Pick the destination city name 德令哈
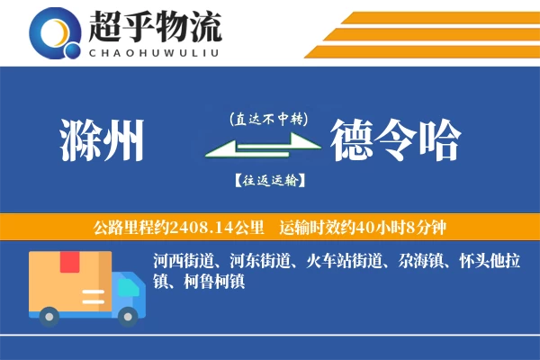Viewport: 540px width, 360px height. point(395,139)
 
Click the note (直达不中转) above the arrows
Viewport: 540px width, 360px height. point(268,118)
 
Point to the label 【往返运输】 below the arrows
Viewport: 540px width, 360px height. point(268,180)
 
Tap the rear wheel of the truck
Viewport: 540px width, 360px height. point(48,315)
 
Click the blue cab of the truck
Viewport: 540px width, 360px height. point(127,289)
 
